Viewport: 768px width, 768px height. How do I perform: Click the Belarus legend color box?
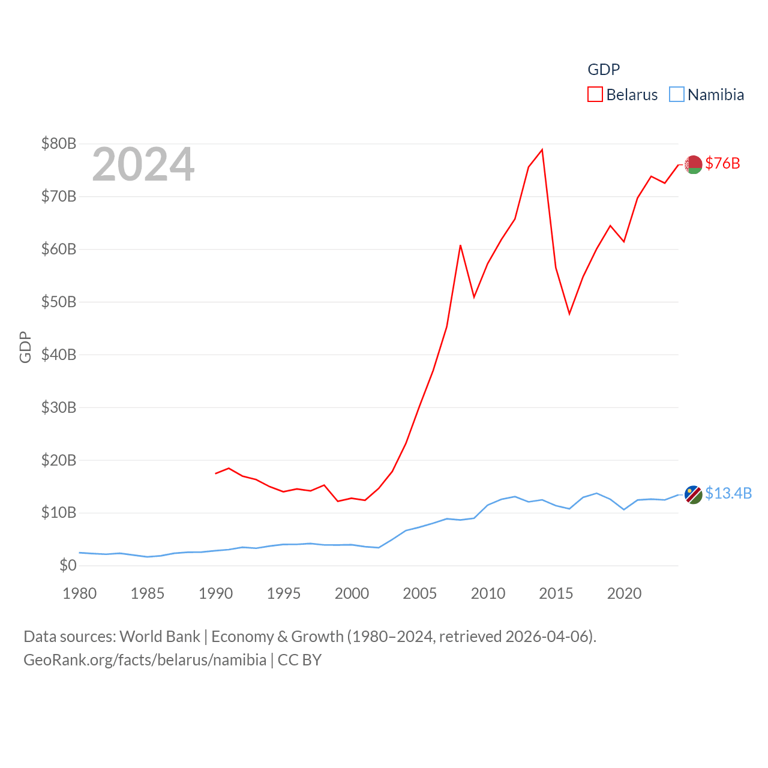[595, 95]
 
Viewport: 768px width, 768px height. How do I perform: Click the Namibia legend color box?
[676, 95]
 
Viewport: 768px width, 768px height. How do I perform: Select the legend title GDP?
[604, 70]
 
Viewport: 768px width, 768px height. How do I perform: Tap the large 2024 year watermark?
[143, 164]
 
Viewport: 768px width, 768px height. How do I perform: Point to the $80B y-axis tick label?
[59, 143]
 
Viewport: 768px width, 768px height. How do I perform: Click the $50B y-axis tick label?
[59, 302]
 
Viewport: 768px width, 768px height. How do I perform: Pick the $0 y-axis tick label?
[68, 565]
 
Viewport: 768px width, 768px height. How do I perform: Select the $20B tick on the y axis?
[59, 460]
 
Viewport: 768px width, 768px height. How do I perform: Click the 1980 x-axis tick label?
[79, 593]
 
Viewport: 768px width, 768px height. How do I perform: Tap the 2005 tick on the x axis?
[420, 593]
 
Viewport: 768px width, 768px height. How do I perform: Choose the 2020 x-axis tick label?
[624, 593]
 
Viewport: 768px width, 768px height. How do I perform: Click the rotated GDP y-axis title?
[25, 347]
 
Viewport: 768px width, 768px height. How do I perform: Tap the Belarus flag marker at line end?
[693, 164]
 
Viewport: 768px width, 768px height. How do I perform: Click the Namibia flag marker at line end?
[693, 494]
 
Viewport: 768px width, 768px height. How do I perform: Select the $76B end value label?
[722, 163]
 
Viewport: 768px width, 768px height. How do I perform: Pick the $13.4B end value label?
[728, 493]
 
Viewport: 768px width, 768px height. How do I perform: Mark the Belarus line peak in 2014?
[542, 149]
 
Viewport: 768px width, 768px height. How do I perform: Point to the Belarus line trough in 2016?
[569, 314]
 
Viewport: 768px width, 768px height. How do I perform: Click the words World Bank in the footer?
[160, 636]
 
